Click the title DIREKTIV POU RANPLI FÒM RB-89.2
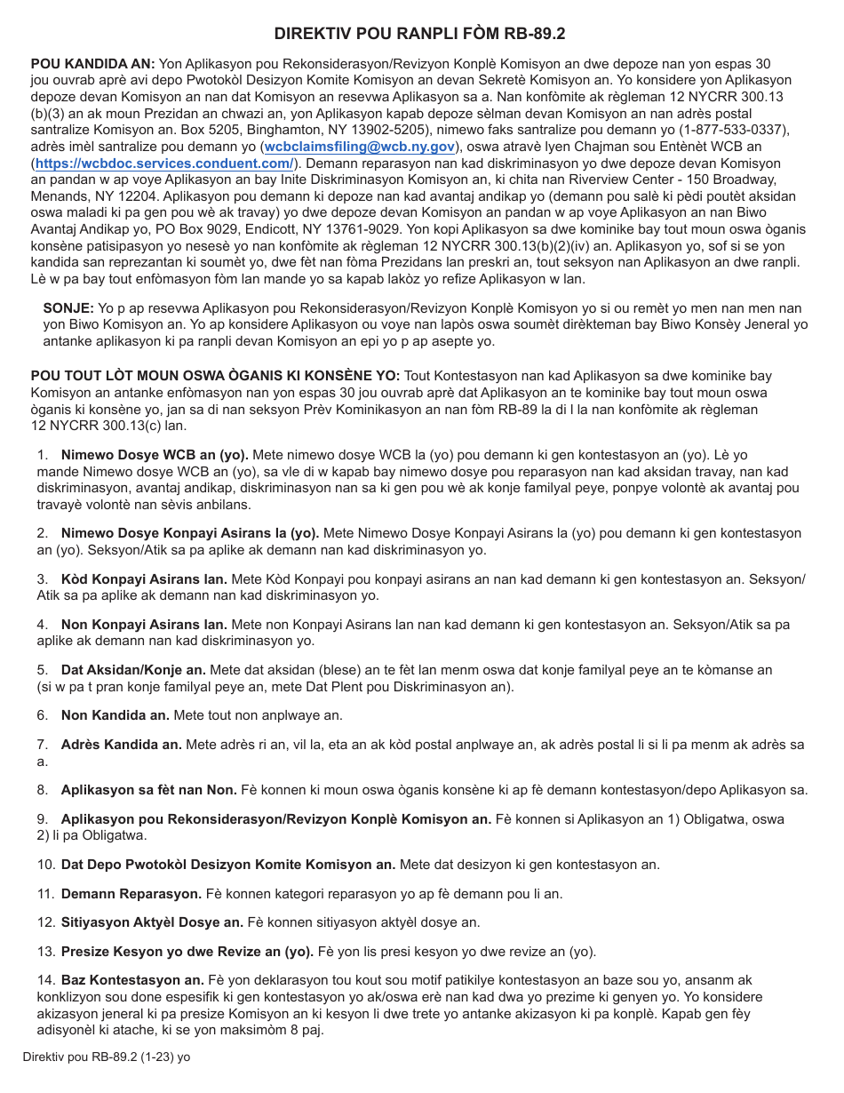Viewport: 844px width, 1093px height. pos(419,34)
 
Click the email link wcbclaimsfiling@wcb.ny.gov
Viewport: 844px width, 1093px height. pos(360,147)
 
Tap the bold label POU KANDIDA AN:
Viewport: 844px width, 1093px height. pos(93,64)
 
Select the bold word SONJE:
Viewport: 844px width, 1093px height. pos(68,307)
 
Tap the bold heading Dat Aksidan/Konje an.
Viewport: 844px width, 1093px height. pos(133,670)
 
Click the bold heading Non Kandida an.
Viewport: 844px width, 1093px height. pos(115,715)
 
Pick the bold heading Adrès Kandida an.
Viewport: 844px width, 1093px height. pos(121,745)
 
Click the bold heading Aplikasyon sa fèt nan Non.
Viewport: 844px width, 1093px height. pos(148,790)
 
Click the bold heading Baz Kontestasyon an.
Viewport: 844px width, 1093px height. pos(132,980)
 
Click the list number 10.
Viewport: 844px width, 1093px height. pos(46,865)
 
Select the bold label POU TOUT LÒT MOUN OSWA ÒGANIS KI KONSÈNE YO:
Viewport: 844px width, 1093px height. pos(216,376)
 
